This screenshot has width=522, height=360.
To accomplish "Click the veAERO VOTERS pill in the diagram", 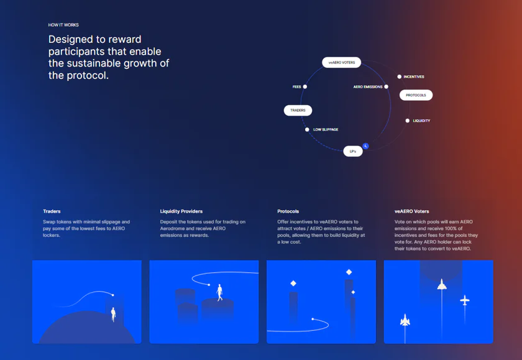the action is pyautogui.click(x=341, y=62).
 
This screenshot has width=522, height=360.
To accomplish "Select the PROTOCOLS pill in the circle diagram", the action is pyautogui.click(x=416, y=95).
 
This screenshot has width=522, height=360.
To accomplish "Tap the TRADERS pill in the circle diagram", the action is pyautogui.click(x=298, y=110).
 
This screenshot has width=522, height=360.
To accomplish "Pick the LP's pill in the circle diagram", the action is pyautogui.click(x=353, y=151).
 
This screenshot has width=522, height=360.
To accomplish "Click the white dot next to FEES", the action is pyautogui.click(x=305, y=86).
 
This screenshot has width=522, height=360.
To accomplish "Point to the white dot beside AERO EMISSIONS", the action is pyautogui.click(x=386, y=86).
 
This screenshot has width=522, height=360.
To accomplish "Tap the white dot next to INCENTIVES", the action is pyautogui.click(x=399, y=76).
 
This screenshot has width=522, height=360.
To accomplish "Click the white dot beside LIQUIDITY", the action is pyautogui.click(x=408, y=121).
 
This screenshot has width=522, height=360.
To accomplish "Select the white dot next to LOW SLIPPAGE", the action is pyautogui.click(x=307, y=129).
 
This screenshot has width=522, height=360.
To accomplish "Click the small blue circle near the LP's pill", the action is pyautogui.click(x=365, y=146).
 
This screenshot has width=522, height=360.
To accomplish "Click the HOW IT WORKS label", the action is pyautogui.click(x=63, y=25).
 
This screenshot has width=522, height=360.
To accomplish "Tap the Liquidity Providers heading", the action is pyautogui.click(x=181, y=211).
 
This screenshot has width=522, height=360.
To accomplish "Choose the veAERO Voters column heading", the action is pyautogui.click(x=411, y=211).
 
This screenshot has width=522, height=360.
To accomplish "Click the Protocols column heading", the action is pyautogui.click(x=288, y=211).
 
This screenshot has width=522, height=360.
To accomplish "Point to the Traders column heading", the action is pyautogui.click(x=52, y=211).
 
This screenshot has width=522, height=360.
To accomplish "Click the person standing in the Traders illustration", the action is pyautogui.click(x=113, y=315).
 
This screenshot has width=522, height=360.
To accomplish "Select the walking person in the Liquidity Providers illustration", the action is pyautogui.click(x=219, y=292).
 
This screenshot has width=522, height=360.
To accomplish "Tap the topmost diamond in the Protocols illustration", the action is pyautogui.click(x=349, y=272).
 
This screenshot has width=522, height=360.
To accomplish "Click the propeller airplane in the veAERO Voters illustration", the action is pyautogui.click(x=465, y=300).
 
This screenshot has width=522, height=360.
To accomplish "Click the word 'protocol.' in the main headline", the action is pyautogui.click(x=88, y=76).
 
